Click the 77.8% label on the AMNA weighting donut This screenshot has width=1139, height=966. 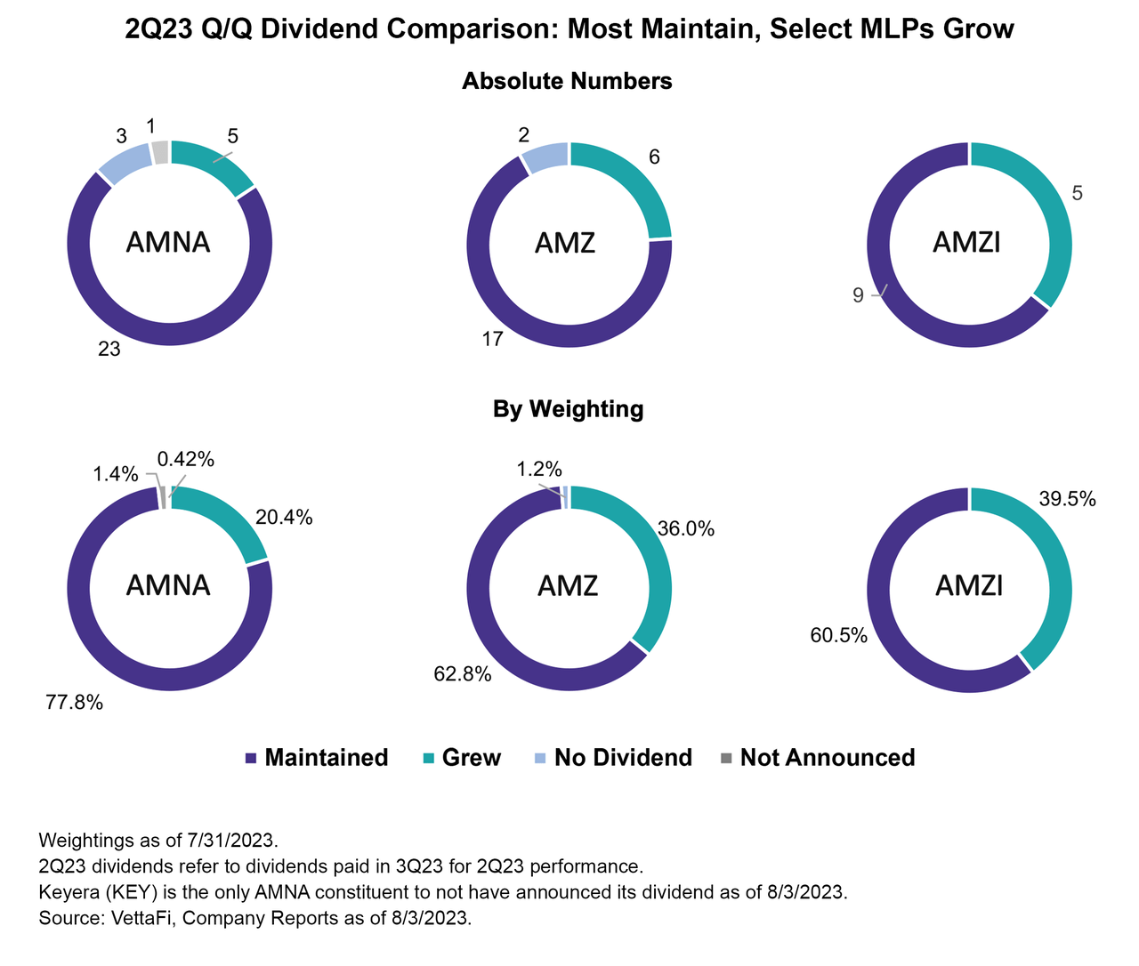(75, 703)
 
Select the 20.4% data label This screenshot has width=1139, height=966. (284, 518)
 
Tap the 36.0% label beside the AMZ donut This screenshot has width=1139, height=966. (685, 529)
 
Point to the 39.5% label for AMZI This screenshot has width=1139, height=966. (1067, 499)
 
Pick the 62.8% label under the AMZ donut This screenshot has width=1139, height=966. (463, 674)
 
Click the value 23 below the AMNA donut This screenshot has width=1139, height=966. (109, 350)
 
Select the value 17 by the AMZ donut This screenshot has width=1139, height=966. (492, 339)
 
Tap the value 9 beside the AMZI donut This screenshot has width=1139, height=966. (858, 295)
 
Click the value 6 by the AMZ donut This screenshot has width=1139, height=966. (654, 157)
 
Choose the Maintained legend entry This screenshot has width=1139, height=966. (316, 758)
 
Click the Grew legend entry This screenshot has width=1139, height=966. (461, 758)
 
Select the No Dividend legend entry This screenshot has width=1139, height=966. (612, 758)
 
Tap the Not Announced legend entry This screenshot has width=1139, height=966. (817, 758)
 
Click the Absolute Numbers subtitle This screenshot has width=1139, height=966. (567, 81)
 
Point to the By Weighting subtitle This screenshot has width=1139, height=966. (568, 409)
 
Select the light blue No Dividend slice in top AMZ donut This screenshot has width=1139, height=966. (545, 157)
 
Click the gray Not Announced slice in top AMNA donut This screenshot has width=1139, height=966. (160, 152)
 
